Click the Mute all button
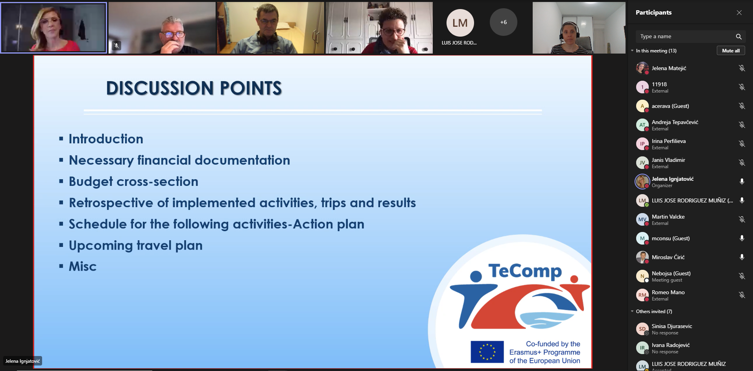[731, 51]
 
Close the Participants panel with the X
[739, 13]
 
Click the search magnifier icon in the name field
[738, 37]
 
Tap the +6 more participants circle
[504, 22]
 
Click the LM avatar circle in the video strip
[460, 23]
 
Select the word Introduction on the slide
[106, 139]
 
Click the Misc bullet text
[83, 267]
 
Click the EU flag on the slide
[487, 352]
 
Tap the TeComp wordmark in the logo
[525, 271]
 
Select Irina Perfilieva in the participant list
[668, 141]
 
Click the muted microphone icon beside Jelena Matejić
[742, 68]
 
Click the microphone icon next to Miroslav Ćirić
[742, 257]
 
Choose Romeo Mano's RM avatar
[642, 295]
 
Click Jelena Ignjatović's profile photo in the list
[642, 182]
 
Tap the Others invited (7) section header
[654, 312]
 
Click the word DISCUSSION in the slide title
[159, 88]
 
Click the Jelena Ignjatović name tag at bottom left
[22, 361]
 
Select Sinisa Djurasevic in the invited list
[672, 326]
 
